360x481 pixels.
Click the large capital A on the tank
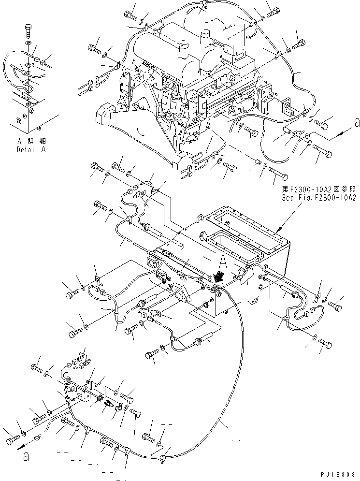click(x=223, y=262)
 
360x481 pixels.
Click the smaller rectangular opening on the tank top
click(x=218, y=241)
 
